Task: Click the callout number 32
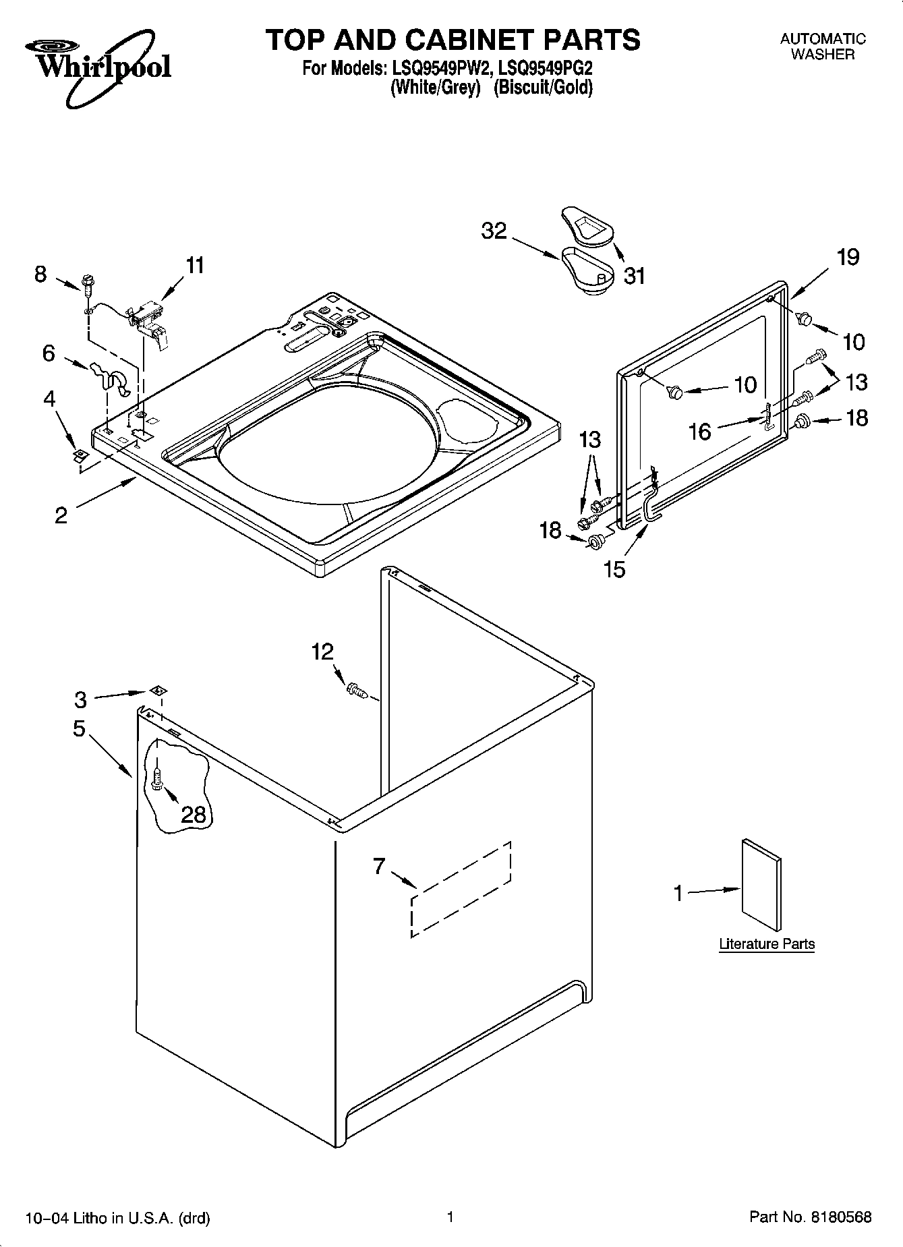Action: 494,231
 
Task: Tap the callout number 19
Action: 848,257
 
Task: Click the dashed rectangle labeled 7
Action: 461,889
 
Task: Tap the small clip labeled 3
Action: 158,690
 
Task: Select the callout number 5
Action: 79,728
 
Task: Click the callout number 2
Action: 61,515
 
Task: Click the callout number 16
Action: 700,431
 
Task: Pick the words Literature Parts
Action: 767,944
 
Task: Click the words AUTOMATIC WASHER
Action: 823,47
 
